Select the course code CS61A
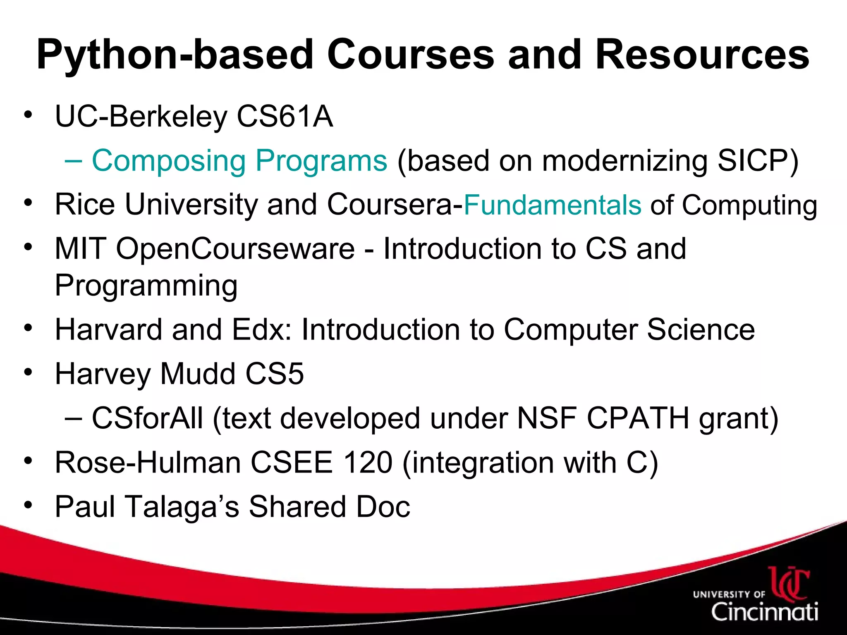click(x=285, y=117)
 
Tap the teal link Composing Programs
click(x=239, y=161)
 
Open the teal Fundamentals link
click(x=553, y=205)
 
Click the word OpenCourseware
click(x=235, y=249)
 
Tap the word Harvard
click(x=109, y=330)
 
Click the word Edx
click(x=262, y=330)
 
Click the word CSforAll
click(x=147, y=418)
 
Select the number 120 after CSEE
click(x=367, y=463)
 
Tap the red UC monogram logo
click(x=789, y=583)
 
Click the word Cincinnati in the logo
click(x=764, y=611)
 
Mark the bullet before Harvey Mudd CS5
click(x=28, y=372)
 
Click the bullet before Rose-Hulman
click(x=28, y=461)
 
